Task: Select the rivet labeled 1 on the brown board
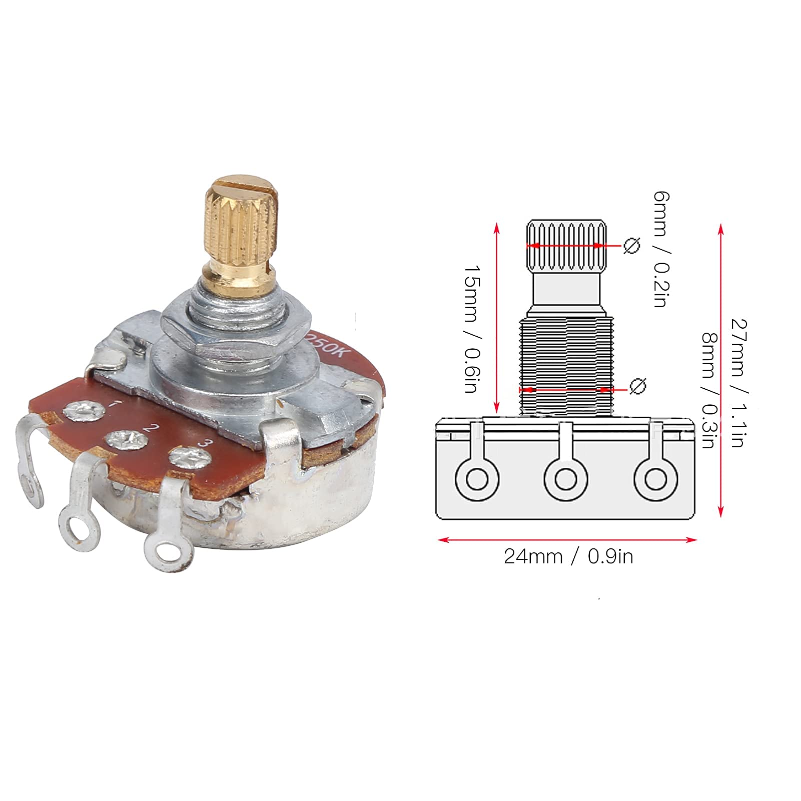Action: coord(84,411)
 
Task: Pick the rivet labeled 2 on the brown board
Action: coord(126,440)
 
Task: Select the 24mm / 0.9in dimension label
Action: coord(568,556)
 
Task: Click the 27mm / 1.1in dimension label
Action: coord(737,383)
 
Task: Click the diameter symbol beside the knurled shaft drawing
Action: coord(631,246)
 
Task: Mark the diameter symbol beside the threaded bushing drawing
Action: coord(637,386)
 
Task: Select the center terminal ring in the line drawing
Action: coord(566,479)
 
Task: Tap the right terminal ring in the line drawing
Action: coord(655,479)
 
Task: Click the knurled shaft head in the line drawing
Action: coord(566,244)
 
